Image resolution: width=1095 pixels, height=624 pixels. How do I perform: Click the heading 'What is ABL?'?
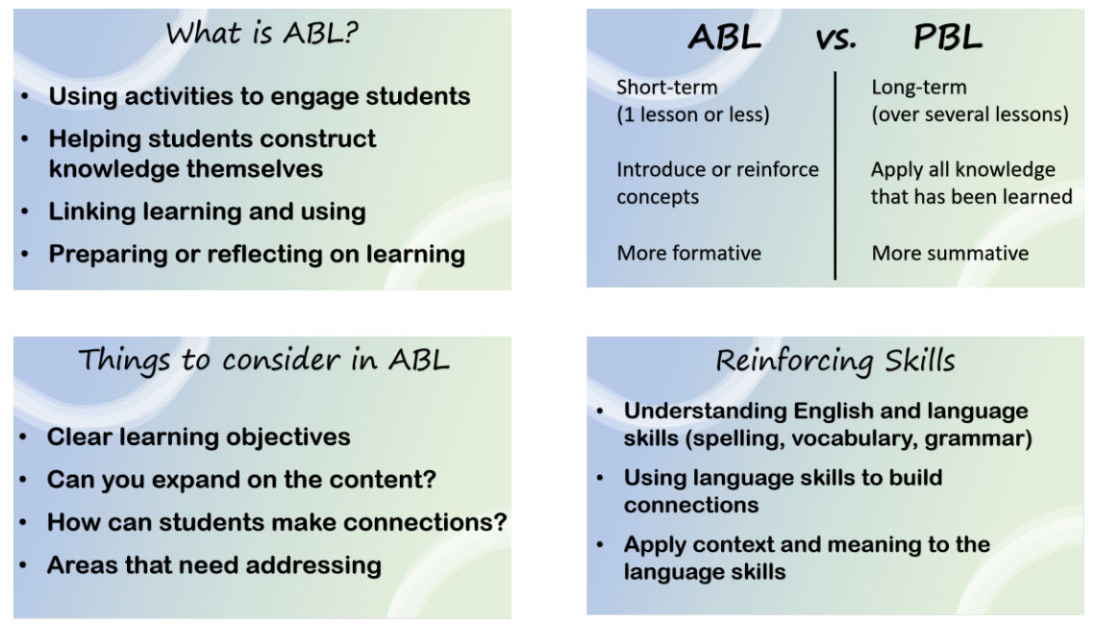pos(261,33)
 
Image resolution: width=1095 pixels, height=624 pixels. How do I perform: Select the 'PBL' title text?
pos(948,37)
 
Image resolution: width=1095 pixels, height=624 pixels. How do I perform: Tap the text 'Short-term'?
pos(667,87)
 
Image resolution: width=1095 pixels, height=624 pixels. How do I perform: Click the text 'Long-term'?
pos(919,87)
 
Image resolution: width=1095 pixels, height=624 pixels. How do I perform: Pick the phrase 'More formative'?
pos(688,253)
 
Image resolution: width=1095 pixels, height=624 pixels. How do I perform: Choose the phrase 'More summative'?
pos(950,253)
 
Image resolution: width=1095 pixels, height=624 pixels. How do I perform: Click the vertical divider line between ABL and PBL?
pos(835,175)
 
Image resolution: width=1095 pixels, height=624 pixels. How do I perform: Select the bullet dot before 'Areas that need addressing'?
pos(23,565)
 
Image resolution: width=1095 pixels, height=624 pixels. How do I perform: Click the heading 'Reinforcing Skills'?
pos(835,362)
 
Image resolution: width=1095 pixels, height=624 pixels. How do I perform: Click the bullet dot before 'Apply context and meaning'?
pos(600,544)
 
